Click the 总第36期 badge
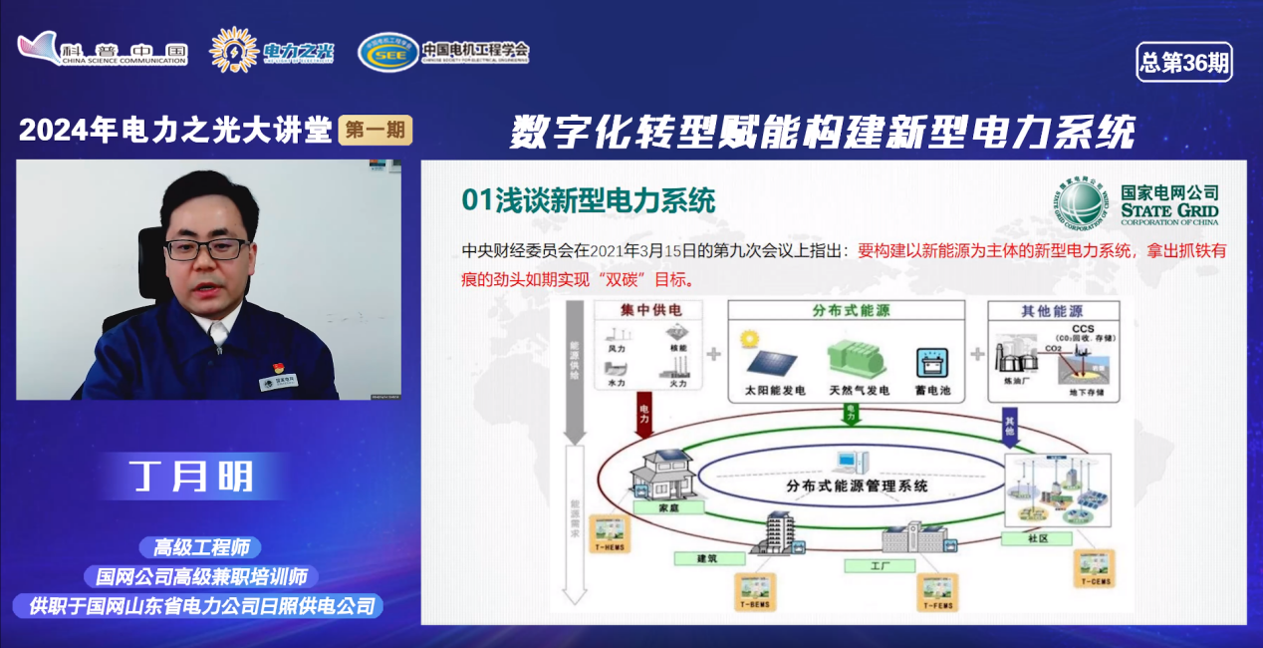(1183, 63)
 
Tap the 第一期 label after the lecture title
(375, 130)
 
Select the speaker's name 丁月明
(192, 477)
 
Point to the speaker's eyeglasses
(207, 248)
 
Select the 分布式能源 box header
(849, 310)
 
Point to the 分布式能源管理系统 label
(857, 486)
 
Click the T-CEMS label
(1095, 581)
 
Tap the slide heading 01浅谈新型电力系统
(589, 200)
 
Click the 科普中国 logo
(103, 50)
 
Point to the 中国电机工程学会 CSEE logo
(443, 51)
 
